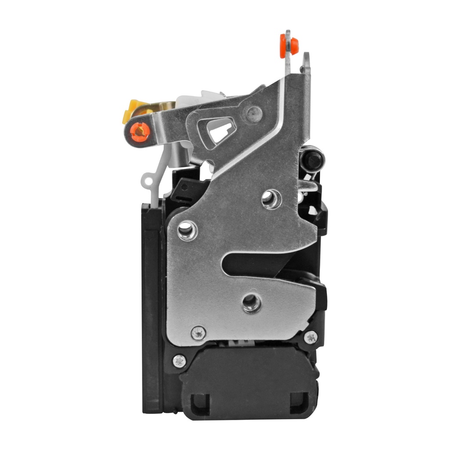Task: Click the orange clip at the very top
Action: [289, 45]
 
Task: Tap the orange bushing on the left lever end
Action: [140, 131]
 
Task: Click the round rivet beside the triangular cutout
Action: [254, 114]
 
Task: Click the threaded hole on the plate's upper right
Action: [271, 199]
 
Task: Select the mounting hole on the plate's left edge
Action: [187, 230]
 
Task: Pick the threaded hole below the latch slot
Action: [251, 302]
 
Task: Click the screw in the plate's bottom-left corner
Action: [198, 333]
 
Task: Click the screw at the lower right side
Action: [311, 337]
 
